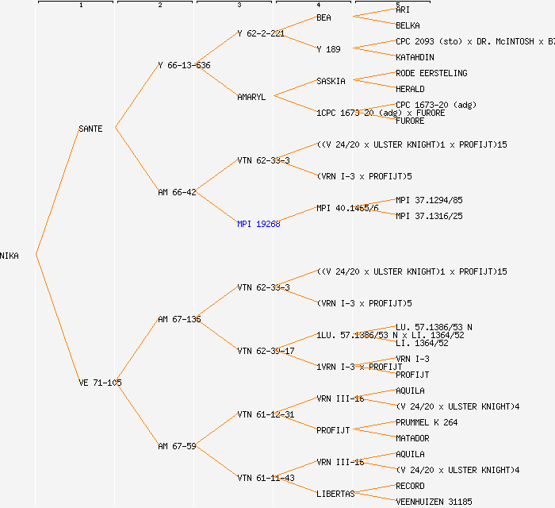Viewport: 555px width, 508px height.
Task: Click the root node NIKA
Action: [x=10, y=256]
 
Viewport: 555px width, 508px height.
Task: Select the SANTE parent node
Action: [x=90, y=129]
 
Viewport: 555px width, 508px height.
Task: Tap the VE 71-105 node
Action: [x=100, y=383]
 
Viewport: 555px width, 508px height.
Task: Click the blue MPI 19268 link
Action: [x=258, y=224]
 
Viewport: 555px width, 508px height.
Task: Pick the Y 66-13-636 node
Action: [x=184, y=65]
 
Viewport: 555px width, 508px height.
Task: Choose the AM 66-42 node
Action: [x=177, y=192]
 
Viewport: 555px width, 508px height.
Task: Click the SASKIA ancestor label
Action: [x=331, y=81]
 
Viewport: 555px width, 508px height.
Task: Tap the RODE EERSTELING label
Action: [x=431, y=73]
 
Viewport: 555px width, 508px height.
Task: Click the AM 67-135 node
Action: [x=179, y=319]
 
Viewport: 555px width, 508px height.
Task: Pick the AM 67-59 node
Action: [x=177, y=446]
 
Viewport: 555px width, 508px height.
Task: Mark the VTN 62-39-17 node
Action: [x=266, y=351]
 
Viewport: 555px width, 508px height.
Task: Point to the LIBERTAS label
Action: [x=335, y=494]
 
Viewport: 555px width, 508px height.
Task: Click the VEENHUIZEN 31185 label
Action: [x=434, y=502]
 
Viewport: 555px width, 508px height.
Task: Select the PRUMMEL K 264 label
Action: [x=427, y=422]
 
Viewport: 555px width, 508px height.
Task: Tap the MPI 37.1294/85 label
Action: [x=429, y=200]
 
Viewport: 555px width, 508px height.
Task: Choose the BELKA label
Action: [x=408, y=25]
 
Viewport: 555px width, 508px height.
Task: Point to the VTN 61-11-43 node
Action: [x=266, y=478]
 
